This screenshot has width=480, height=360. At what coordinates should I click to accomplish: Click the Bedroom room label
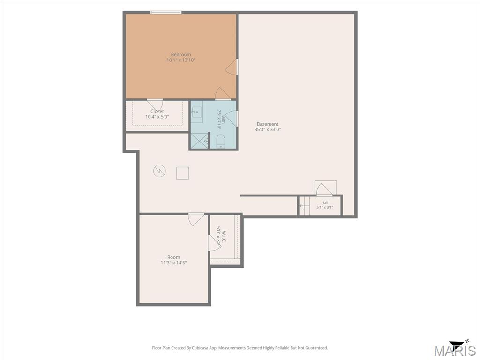click(x=180, y=54)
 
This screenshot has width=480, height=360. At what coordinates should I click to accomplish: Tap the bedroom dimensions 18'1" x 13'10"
click(x=180, y=60)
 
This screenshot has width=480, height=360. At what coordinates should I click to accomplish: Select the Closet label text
click(x=157, y=111)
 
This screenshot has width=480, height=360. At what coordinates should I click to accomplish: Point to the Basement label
click(x=268, y=124)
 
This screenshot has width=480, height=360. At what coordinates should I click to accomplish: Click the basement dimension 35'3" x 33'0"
click(x=268, y=129)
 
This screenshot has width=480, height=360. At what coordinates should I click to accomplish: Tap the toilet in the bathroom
click(x=220, y=141)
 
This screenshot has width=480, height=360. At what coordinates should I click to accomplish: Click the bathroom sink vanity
click(x=197, y=112)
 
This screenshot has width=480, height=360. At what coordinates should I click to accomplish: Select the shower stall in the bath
click(x=200, y=141)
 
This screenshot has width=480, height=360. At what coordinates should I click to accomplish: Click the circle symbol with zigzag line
click(x=159, y=171)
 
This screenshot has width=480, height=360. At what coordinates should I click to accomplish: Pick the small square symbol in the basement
click(x=182, y=173)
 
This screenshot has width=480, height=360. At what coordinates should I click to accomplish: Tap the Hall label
click(x=325, y=202)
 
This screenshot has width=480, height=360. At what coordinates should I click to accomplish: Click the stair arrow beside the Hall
click(x=304, y=206)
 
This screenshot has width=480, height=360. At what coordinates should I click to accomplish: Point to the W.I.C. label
click(x=224, y=237)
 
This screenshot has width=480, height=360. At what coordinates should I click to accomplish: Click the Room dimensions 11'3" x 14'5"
click(x=173, y=262)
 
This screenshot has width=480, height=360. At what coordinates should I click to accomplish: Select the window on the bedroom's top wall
click(x=166, y=12)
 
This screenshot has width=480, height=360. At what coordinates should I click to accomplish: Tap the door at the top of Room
click(x=196, y=219)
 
